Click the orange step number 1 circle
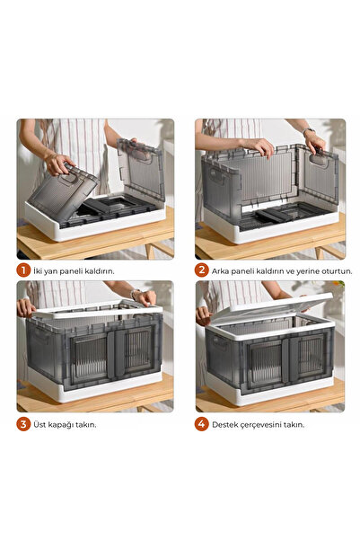click(x=23, y=270)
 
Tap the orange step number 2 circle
click(x=202, y=270)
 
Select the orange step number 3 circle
click(x=23, y=424)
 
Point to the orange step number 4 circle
click(x=202, y=424)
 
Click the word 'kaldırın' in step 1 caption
click(x=100, y=271)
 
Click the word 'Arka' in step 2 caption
click(x=220, y=271)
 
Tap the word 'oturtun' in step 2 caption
click(x=337, y=271)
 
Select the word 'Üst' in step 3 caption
click(x=40, y=425)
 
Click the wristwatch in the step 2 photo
click(x=308, y=130)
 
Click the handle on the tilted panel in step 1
click(x=69, y=178)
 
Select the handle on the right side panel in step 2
click(x=319, y=160)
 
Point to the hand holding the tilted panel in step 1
click(x=58, y=164)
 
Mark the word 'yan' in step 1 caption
click(x=51, y=271)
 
